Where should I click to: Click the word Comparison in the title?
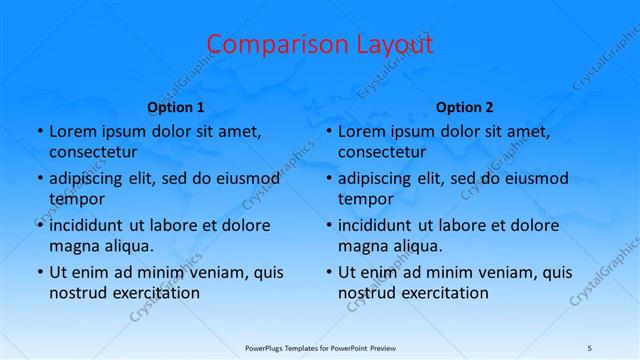(271, 45)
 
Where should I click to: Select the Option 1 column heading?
(176, 106)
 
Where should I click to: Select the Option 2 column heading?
(465, 106)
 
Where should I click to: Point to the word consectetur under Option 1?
(92, 152)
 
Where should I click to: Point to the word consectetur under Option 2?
(381, 152)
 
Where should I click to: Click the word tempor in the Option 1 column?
(76, 199)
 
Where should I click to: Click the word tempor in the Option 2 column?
(365, 199)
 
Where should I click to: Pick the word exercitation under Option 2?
(443, 293)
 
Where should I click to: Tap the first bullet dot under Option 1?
(39, 131)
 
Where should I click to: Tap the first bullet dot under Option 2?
(328, 131)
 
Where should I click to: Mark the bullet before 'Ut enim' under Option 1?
(39, 272)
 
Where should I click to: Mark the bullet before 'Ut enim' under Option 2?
(328, 272)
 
